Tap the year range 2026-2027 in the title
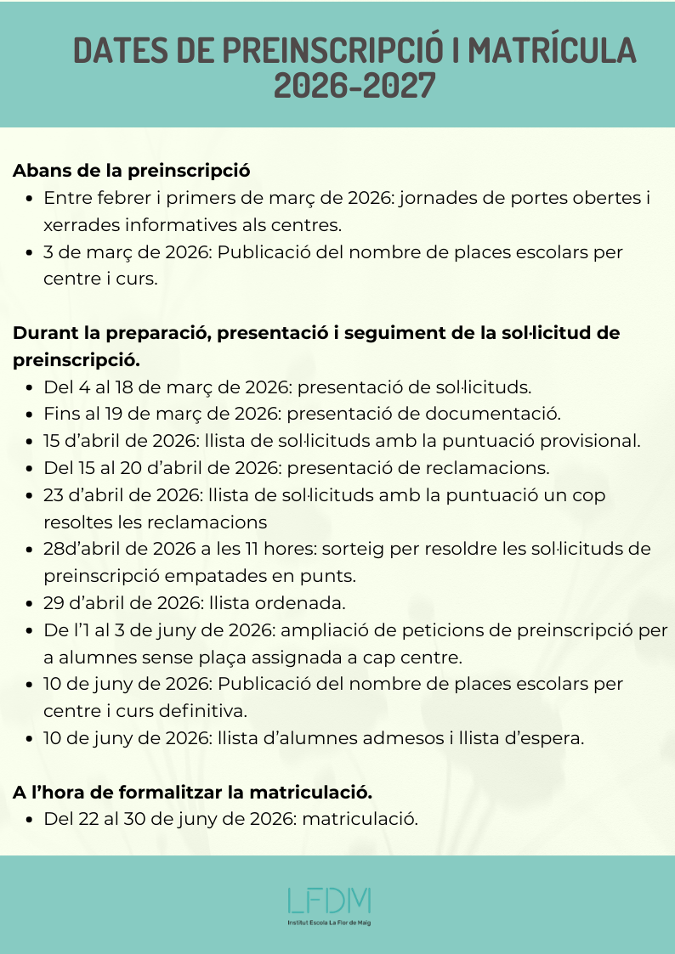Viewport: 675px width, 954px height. [x=355, y=87]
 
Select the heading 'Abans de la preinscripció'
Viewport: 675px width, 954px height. [x=132, y=170]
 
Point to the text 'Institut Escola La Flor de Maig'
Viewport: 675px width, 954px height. [x=329, y=922]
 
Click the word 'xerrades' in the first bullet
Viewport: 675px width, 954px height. [x=79, y=225]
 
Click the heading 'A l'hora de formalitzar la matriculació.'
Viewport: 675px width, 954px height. [x=193, y=793]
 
